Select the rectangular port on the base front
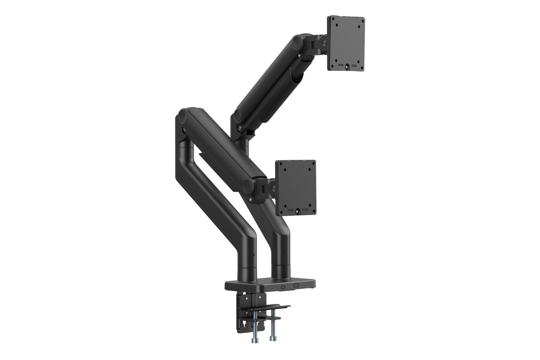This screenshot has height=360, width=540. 296,286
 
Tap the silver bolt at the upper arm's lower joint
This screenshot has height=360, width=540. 240,127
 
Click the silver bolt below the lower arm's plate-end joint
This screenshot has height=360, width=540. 250,200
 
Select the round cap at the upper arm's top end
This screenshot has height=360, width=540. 297,43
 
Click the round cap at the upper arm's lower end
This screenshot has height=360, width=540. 238,116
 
